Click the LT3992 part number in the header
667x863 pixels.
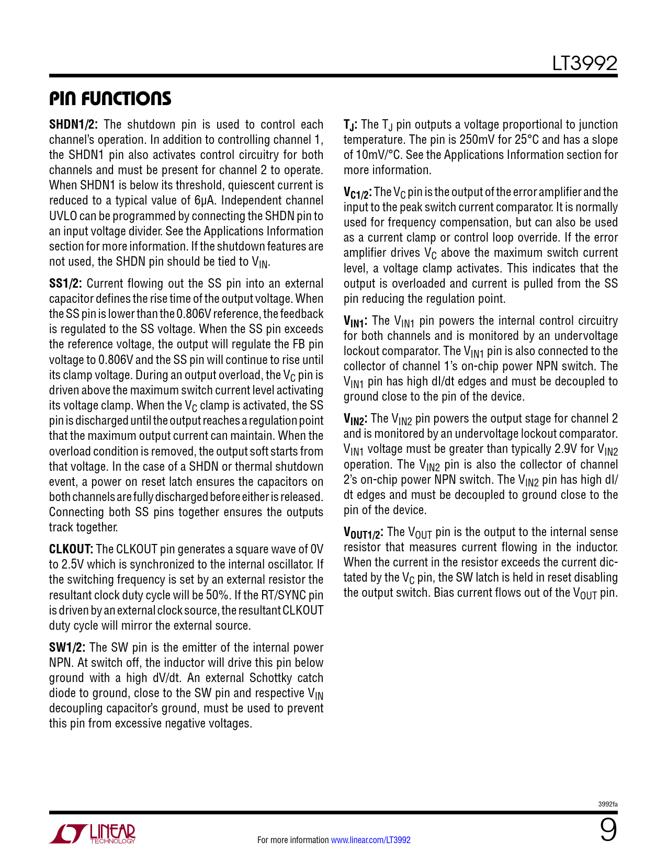click(584, 64)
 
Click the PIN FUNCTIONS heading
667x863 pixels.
click(110, 98)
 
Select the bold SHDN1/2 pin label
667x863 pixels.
click(74, 124)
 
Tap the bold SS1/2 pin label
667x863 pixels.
click(65, 283)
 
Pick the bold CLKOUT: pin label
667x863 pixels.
click(71, 549)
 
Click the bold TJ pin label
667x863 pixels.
click(350, 125)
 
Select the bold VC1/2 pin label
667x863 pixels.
click(357, 193)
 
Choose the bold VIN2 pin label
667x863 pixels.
click(355, 419)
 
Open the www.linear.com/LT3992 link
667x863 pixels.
click(370, 840)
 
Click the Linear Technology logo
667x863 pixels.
click(93, 834)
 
